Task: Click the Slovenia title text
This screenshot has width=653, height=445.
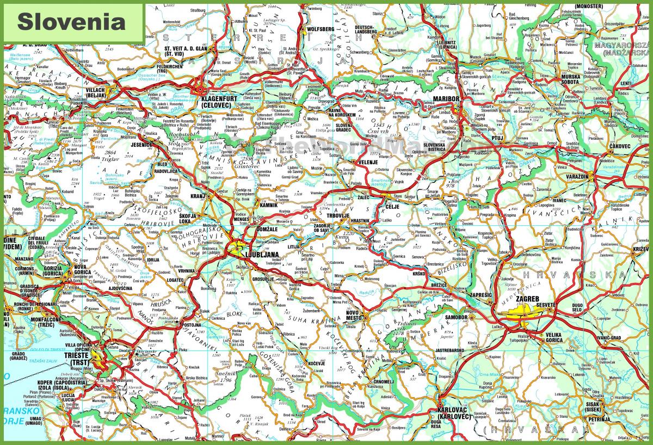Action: pos(71,21)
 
